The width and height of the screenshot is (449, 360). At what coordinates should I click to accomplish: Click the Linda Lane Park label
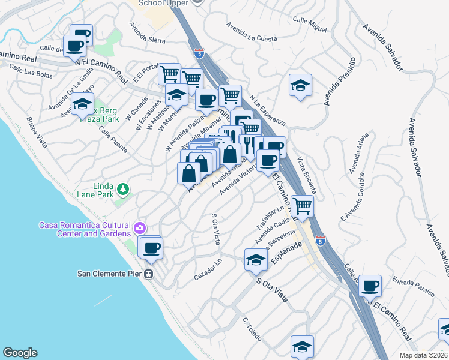(95, 190)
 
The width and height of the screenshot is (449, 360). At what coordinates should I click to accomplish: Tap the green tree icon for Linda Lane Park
(123, 190)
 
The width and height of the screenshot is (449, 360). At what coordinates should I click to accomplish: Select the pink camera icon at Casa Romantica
(140, 227)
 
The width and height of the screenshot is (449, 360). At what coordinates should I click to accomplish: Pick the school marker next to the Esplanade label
(256, 260)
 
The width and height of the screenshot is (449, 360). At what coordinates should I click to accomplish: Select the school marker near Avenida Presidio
(300, 86)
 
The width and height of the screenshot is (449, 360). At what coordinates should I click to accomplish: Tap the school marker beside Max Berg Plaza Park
(82, 105)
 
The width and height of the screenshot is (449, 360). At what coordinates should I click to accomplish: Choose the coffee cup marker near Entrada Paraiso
(370, 286)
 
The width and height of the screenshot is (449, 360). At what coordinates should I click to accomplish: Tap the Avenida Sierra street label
(147, 33)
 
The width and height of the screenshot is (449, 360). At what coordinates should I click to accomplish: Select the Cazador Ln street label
(209, 273)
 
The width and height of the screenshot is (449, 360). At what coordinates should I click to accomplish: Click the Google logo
(20, 353)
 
